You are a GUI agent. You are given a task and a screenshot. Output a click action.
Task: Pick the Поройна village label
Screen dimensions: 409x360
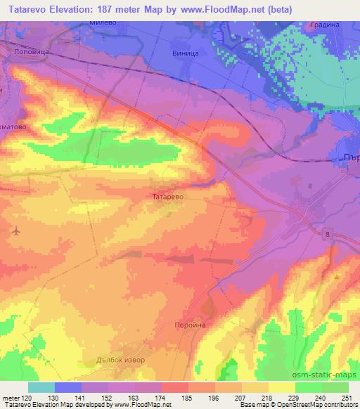click(188, 325)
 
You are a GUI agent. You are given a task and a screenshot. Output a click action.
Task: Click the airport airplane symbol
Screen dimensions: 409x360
click(16, 230)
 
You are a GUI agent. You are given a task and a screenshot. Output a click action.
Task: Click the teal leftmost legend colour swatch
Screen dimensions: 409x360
click(41, 387)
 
